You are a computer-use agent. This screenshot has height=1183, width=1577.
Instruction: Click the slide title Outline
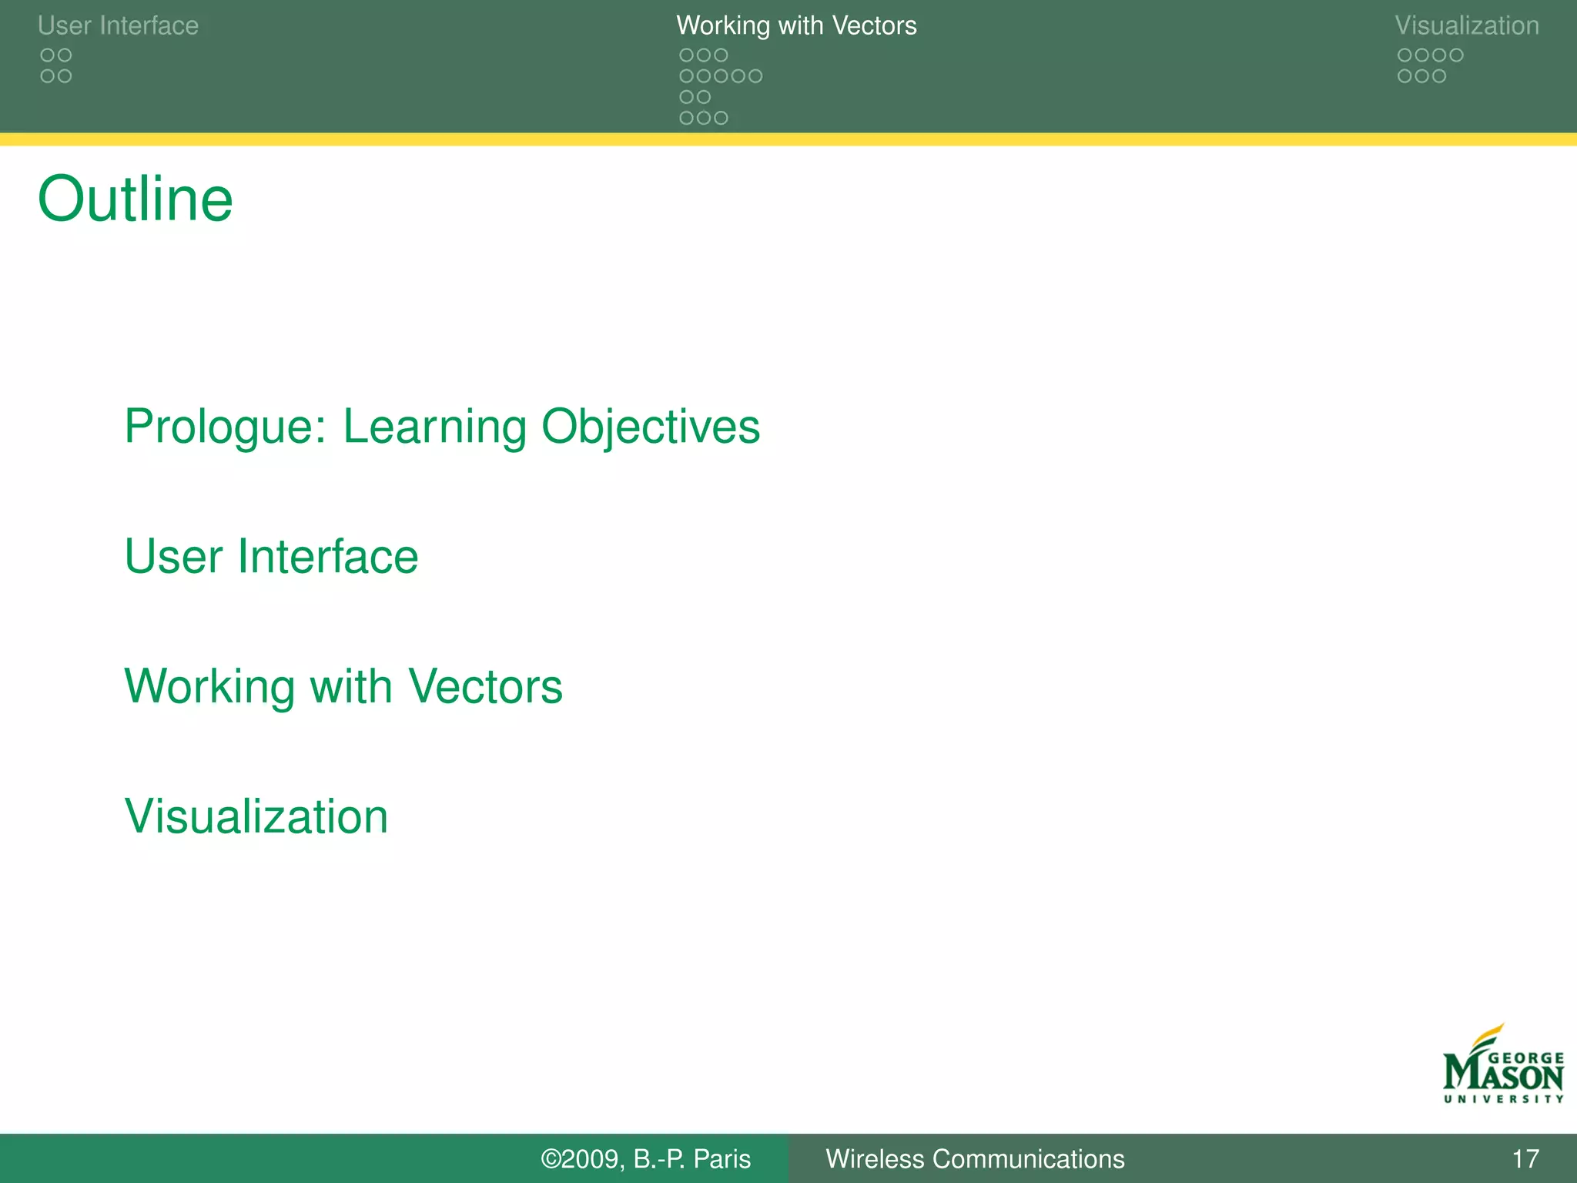[135, 199]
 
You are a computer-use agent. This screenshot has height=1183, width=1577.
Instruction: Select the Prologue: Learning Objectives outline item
[442, 426]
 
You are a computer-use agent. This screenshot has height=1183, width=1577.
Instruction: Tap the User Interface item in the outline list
[271, 556]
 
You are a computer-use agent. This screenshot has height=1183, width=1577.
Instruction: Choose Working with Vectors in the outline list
[343, 686]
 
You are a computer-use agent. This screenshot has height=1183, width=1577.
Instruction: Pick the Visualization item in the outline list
[256, 816]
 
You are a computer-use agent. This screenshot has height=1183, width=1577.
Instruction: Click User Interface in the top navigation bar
[118, 25]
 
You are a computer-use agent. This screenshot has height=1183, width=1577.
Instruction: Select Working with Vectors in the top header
[796, 25]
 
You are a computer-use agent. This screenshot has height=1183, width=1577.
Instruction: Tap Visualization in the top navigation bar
[1466, 25]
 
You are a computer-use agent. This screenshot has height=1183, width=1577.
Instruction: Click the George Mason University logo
[1502, 1067]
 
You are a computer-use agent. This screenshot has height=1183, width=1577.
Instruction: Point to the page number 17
[1525, 1159]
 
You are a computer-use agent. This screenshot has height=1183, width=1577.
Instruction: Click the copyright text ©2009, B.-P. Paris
[645, 1159]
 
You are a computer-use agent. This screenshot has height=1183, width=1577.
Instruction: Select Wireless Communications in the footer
[975, 1159]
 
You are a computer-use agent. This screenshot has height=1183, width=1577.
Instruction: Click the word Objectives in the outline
[651, 426]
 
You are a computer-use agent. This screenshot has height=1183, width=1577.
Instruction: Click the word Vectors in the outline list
[485, 686]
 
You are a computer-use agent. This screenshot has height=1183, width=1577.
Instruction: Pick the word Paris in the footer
[722, 1159]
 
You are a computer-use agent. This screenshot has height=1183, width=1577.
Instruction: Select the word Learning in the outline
[434, 426]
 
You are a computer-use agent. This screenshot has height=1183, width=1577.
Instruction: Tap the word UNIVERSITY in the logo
[1503, 1099]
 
